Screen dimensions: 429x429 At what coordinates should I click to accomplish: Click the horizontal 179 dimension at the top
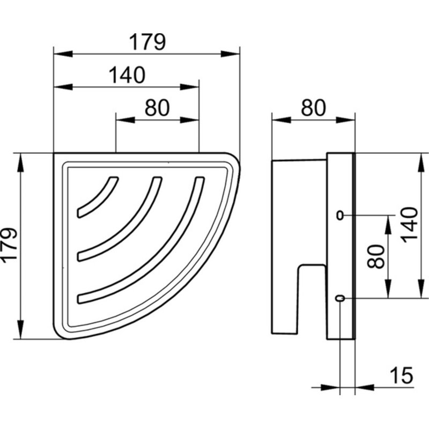[x=147, y=42]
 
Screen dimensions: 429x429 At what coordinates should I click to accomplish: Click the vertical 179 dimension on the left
[x=10, y=246]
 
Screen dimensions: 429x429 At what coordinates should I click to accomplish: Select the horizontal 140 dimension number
[x=127, y=75]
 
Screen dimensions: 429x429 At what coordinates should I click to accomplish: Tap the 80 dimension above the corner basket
[x=157, y=108]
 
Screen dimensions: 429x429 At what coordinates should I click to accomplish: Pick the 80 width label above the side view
[x=313, y=108]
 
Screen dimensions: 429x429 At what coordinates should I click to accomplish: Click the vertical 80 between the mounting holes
[x=376, y=257]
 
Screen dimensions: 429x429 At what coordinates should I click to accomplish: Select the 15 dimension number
[x=401, y=375]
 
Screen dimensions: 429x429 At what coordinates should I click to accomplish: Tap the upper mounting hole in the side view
[x=340, y=216]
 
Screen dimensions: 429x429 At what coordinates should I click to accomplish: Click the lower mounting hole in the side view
[x=340, y=298]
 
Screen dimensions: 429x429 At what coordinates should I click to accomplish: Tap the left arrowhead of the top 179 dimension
[x=63, y=54]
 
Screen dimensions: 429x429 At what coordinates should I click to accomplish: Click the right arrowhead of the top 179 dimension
[x=230, y=54]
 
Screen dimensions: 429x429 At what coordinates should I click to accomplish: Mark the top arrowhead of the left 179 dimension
[x=20, y=162]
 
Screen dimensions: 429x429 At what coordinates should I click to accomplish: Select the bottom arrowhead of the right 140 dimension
[x=421, y=289]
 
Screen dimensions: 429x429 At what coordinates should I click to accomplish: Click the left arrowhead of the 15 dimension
[x=330, y=387]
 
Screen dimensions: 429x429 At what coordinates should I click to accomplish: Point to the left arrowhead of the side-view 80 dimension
[x=281, y=120]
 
